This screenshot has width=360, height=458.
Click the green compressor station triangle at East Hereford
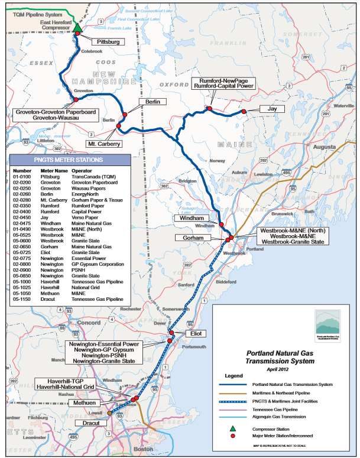pos(77,27)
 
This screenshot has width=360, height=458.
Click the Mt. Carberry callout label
pos(104,144)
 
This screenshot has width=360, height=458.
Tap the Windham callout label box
pos(190,218)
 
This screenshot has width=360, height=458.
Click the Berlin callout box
pos(149,102)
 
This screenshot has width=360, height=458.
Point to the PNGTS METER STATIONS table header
pos(69,160)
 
